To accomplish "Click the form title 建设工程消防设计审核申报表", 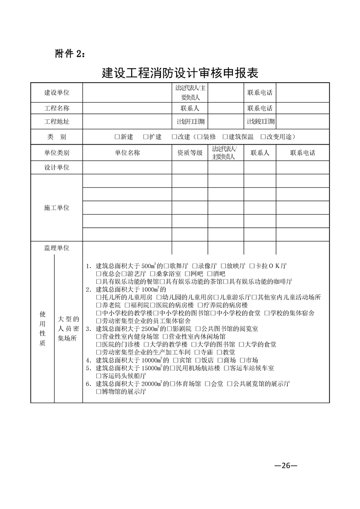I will pyautogui.click(x=180, y=73).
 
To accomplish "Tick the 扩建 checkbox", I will pyautogui.click(x=145, y=137).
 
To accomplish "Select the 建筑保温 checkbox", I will pyautogui.click(x=225, y=137).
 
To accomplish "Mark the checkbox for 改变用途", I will pyautogui.click(x=263, y=137).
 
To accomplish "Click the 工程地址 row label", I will pyautogui.click(x=57, y=122).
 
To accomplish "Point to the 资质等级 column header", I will pyautogui.click(x=190, y=153).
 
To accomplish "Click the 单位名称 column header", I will pyautogui.click(x=127, y=153).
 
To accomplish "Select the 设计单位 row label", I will pyautogui.click(x=57, y=167).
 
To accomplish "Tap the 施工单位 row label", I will pyautogui.click(x=57, y=207).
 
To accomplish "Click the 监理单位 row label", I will pyautogui.click(x=57, y=248).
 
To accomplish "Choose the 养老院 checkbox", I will pyautogui.click(x=99, y=304).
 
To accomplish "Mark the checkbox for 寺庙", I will pyautogui.click(x=197, y=352).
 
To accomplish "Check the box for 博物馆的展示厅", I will pyautogui.click(x=99, y=392).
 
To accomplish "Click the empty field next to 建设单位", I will pyautogui.click(x=127, y=93).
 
